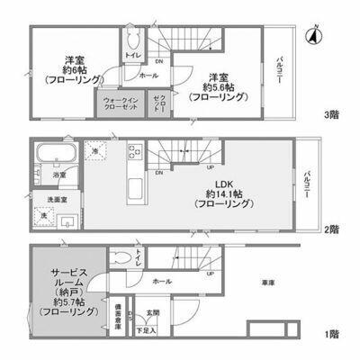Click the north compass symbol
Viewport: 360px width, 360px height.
[x=314, y=36]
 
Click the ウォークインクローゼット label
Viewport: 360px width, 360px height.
[x=121, y=103]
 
